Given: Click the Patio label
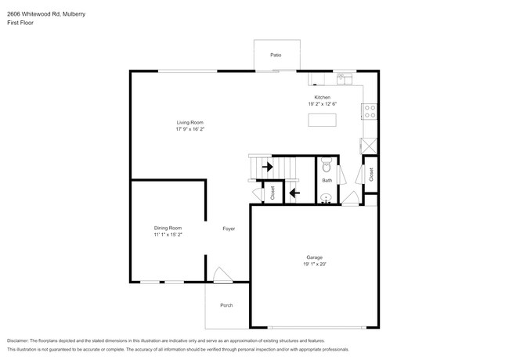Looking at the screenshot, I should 276,55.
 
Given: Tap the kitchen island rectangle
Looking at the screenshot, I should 322,120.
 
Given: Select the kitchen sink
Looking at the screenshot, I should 344,77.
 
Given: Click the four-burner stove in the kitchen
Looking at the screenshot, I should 370,111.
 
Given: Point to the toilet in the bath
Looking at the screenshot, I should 327,165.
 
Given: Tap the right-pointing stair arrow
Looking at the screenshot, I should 267,167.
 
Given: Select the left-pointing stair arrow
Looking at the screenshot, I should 294,192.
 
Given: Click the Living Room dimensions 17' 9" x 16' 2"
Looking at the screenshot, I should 190,131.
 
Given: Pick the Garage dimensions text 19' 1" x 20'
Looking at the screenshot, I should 314,265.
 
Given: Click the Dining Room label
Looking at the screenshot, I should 168,228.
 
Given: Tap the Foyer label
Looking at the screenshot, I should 228,229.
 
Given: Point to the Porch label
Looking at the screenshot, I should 226,305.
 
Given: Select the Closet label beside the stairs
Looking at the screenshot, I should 273,193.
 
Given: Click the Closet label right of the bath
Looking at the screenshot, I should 370,174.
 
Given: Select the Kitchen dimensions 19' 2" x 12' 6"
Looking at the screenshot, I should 322,104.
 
